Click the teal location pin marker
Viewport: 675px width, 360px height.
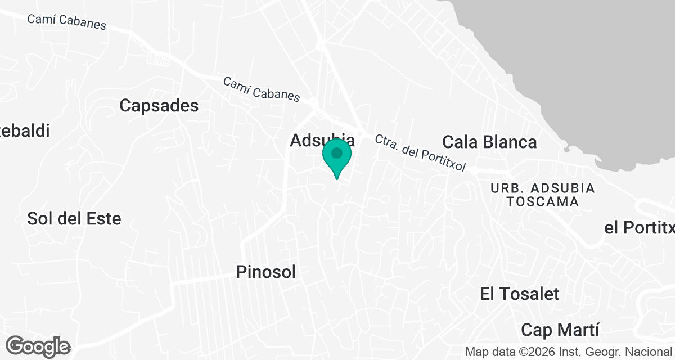(337, 159)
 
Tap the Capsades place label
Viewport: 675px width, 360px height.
(159, 105)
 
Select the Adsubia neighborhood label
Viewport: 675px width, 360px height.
(322, 140)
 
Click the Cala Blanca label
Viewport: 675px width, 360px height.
(489, 141)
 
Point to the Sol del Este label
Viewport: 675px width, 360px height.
(74, 218)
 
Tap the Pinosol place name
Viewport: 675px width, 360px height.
(265, 272)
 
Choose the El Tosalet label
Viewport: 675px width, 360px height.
(520, 294)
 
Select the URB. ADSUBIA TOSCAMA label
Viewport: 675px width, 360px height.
(542, 194)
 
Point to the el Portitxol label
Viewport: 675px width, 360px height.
(639, 228)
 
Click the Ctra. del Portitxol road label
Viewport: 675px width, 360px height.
(421, 153)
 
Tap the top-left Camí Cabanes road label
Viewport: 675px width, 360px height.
(66, 21)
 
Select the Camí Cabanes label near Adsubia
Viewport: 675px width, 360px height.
(262, 89)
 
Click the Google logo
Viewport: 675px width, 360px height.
(38, 346)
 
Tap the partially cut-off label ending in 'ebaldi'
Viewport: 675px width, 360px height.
(25, 130)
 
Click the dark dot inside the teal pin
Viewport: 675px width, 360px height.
(337, 153)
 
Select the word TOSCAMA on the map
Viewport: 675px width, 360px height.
(542, 201)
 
